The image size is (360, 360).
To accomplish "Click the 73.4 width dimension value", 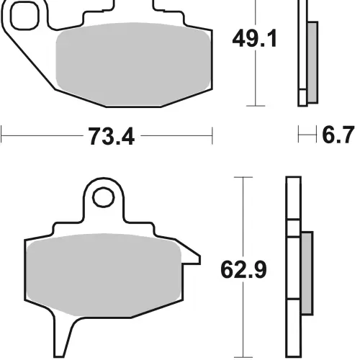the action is [x=112, y=136].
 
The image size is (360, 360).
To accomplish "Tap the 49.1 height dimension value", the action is [x=255, y=38].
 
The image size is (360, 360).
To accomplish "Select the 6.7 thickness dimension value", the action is [x=338, y=135].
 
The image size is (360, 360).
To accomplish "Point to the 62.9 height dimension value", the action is [x=243, y=269].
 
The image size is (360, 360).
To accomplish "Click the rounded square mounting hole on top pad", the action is [x=24, y=16].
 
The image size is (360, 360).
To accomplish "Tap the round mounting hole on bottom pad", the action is [x=103, y=197].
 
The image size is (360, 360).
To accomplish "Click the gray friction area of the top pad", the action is [x=133, y=64].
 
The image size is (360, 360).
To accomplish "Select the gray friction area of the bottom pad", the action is [x=104, y=275].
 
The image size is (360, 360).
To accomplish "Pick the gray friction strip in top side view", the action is [x=312, y=63].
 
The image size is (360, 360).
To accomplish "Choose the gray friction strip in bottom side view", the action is [x=307, y=274].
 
